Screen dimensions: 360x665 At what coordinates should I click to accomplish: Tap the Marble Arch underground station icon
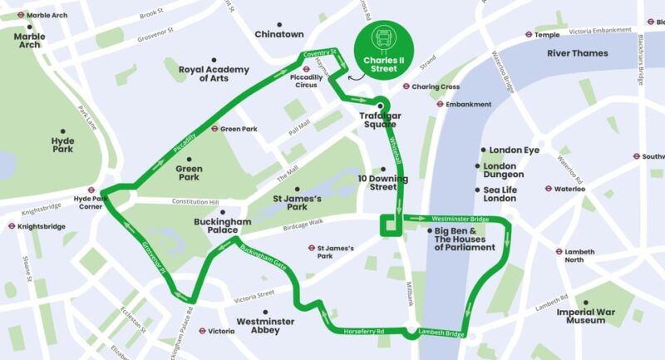[20, 15]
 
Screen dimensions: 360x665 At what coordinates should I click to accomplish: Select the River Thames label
[577, 53]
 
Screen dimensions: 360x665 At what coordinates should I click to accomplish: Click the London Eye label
[514, 150]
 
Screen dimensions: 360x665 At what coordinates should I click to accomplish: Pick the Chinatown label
[279, 34]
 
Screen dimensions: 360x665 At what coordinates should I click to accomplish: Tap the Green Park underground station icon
[214, 129]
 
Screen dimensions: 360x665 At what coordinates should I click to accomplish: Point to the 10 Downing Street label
[383, 182]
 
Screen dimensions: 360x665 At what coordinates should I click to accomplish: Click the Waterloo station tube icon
[549, 189]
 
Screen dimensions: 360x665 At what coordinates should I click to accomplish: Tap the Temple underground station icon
[529, 35]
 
